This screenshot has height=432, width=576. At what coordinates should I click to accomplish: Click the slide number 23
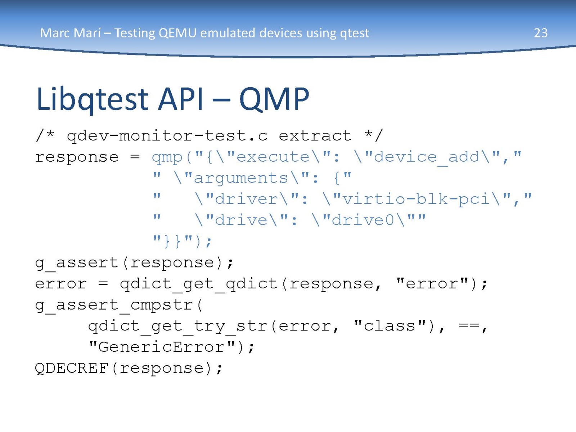coord(541,33)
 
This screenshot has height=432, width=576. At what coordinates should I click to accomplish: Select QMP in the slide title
coord(274,99)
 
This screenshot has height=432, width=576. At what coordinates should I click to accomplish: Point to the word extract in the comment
coord(315,136)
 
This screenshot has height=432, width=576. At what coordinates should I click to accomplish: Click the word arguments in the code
coord(241,178)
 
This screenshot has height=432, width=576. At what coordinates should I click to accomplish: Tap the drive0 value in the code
coord(363,220)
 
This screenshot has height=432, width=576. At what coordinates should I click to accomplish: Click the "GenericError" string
coord(162,347)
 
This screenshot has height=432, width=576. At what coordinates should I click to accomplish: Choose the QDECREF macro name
coord(72,368)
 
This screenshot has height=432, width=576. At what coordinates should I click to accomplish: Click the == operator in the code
coord(469,326)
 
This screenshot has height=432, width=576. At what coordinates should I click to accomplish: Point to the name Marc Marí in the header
coord(70,33)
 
